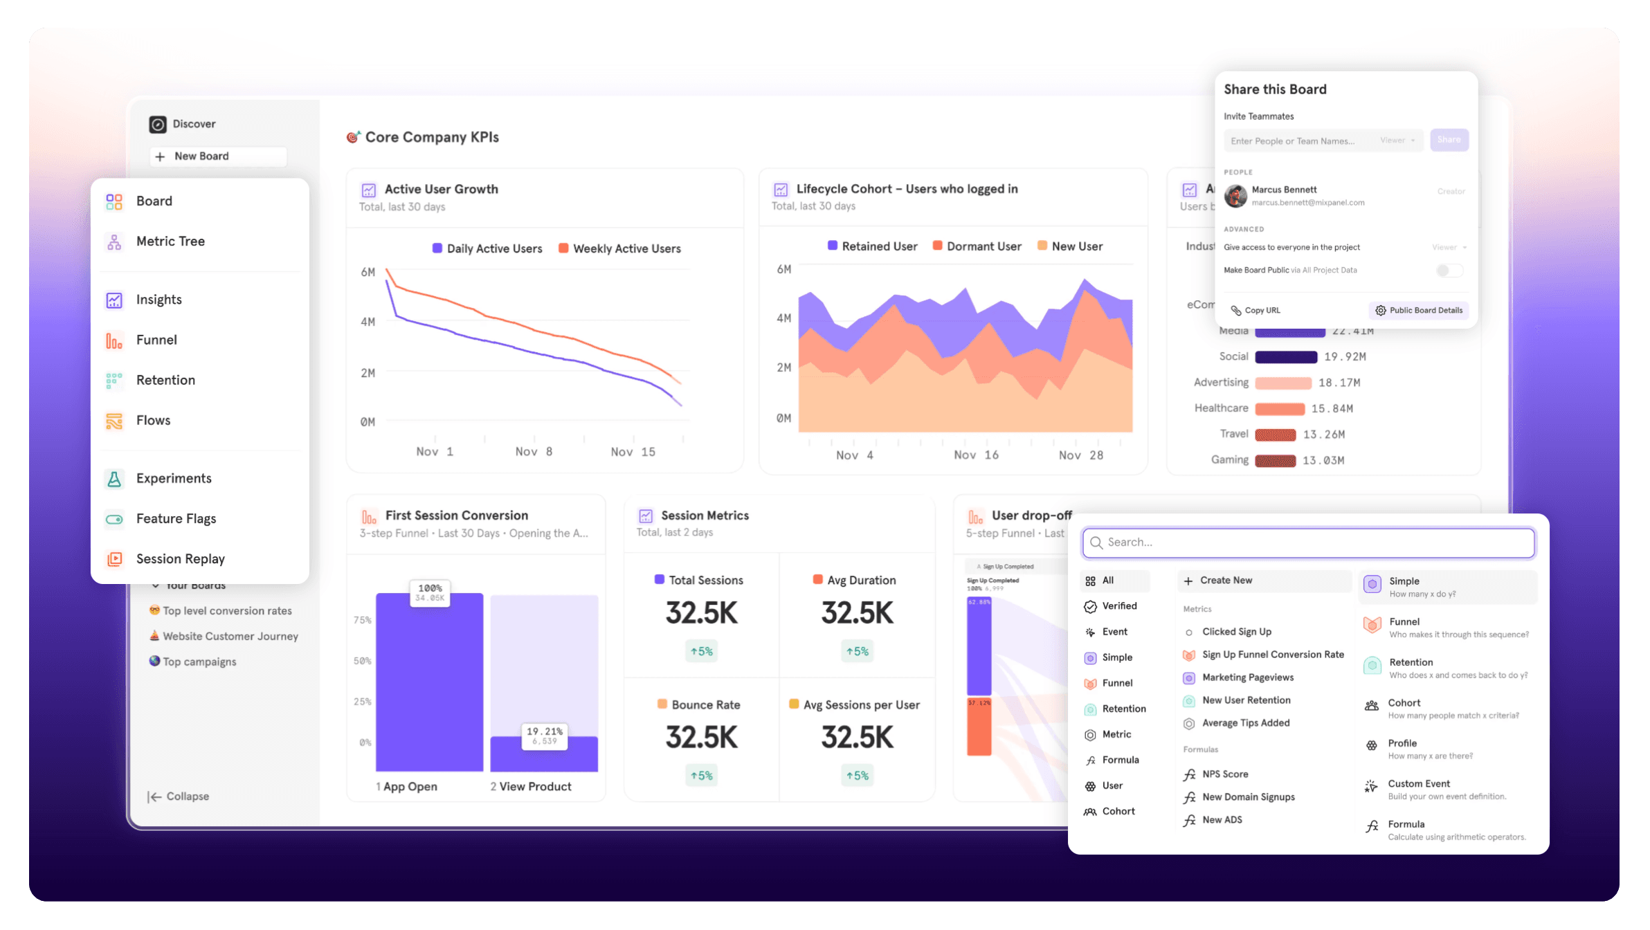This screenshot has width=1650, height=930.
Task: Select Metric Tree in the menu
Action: coord(170,241)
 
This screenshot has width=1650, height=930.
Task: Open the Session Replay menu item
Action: coord(180,559)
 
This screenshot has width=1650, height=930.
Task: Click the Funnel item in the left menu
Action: coord(156,340)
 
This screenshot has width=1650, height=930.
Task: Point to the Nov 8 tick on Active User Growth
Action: coord(534,452)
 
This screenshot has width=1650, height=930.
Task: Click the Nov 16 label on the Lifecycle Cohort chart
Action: coord(976,455)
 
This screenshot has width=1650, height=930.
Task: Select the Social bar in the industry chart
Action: coord(1286,357)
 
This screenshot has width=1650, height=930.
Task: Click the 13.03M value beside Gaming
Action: coord(1323,461)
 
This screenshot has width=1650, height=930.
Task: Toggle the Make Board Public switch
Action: coord(1449,271)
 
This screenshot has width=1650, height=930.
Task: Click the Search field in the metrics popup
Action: coord(1308,542)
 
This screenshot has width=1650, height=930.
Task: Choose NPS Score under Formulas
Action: coord(1225,774)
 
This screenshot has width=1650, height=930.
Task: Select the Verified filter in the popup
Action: coord(1118,606)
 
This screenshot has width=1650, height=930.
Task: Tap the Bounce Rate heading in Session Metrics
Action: coord(705,705)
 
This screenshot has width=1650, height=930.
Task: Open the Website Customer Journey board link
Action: coord(230,637)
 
